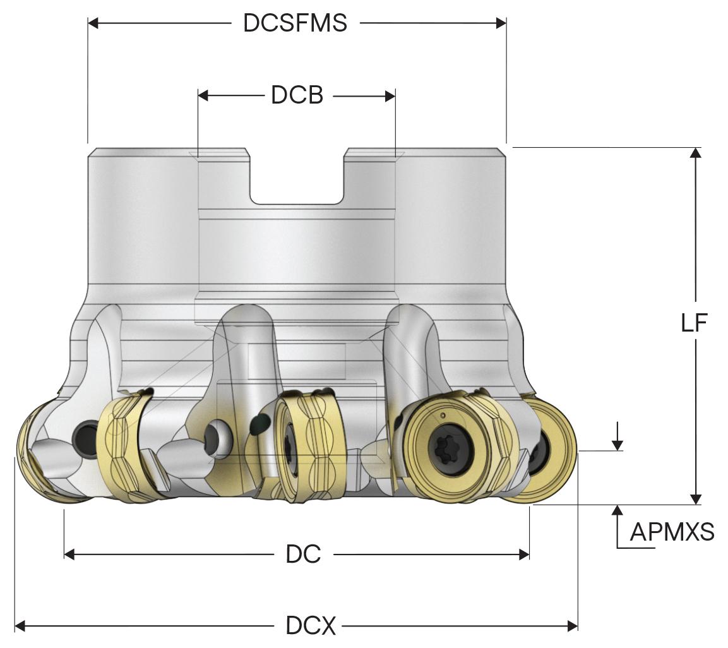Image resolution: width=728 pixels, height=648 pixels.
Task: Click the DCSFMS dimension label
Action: [x=295, y=23]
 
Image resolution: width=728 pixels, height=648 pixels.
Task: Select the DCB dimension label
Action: [x=297, y=95]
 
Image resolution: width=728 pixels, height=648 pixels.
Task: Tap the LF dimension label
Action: [x=694, y=323]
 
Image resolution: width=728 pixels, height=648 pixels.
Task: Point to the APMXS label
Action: [x=672, y=532]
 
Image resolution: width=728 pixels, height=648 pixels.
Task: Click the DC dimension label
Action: [x=303, y=555]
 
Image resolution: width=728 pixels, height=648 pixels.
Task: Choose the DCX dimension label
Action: [x=311, y=626]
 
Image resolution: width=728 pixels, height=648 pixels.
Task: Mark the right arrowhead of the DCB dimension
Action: [x=390, y=96]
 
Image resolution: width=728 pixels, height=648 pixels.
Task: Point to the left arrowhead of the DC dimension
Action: [x=69, y=555]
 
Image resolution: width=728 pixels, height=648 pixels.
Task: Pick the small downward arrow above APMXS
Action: [x=618, y=445]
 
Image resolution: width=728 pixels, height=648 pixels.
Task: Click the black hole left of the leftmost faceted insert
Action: [x=84, y=436]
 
